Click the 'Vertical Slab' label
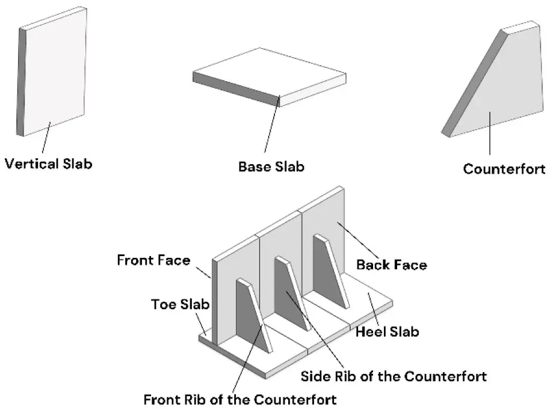tap(49, 163)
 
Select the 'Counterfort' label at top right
tap(504, 169)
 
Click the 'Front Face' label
tap(153, 260)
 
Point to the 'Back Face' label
tap(391, 264)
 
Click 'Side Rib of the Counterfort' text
tap(393, 376)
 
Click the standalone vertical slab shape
tap(54, 72)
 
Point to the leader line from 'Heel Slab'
tap(374, 310)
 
